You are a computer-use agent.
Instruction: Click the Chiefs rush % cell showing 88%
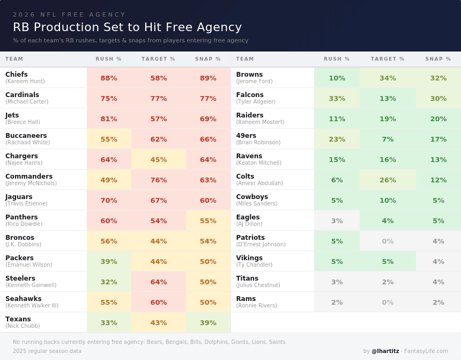[109, 78]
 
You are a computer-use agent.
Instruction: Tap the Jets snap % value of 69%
[208, 119]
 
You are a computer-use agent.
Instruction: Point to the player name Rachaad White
[28, 143]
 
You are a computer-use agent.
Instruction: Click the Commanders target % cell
[159, 180]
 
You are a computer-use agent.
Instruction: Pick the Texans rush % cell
[109, 322]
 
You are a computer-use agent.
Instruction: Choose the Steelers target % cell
[159, 282]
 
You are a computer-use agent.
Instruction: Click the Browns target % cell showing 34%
[388, 78]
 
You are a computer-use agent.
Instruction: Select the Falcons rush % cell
[337, 98]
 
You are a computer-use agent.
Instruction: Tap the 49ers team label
[246, 136]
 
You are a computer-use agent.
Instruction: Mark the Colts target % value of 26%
[388, 180]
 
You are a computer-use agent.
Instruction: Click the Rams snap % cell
[438, 302]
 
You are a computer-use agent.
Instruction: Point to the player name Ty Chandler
[254, 265]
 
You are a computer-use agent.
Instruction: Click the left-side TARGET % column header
[158, 59]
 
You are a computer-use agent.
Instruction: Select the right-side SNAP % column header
[438, 59]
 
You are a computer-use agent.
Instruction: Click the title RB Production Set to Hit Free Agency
[127, 27]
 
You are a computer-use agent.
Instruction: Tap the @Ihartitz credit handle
[385, 351]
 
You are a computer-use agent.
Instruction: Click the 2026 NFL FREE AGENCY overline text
[69, 14]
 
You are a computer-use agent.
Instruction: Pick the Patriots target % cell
[388, 241]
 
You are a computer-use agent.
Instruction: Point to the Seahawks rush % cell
[109, 302]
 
